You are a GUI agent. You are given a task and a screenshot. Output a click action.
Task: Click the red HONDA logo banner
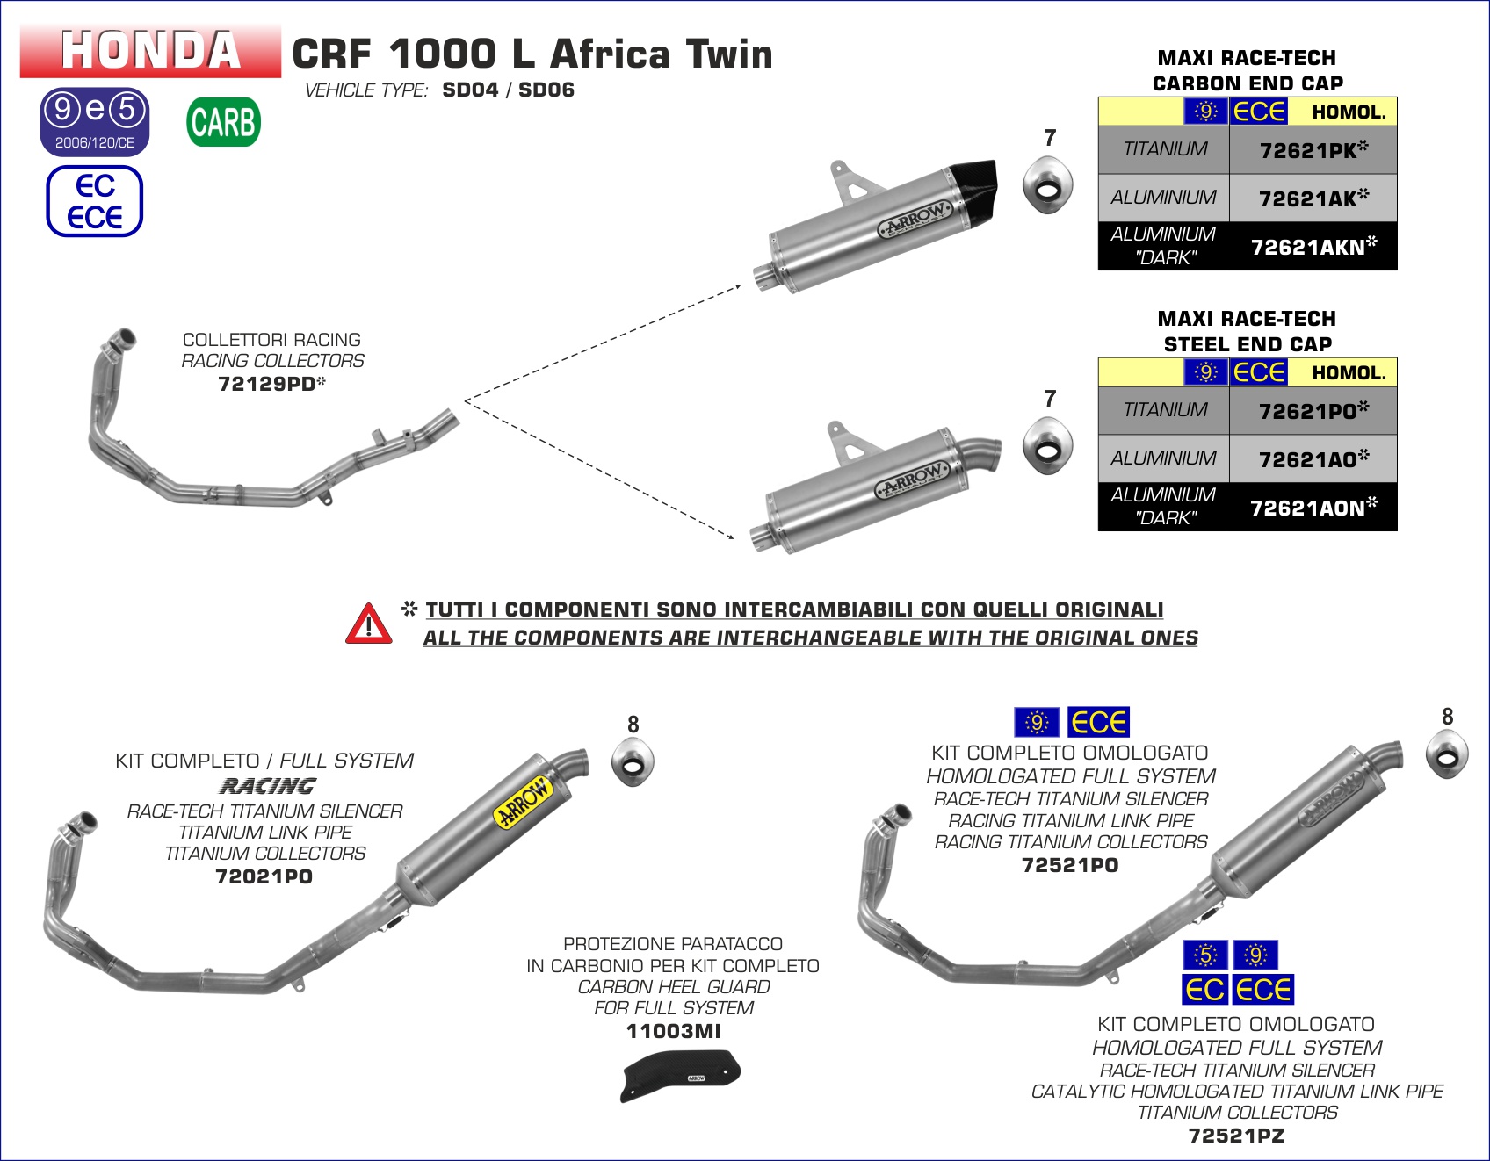tap(150, 51)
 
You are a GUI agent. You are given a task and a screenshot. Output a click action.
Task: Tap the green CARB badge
tap(224, 122)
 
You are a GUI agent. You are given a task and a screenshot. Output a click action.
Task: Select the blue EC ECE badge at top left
tap(95, 201)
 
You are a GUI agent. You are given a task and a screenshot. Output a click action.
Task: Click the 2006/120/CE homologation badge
tap(95, 122)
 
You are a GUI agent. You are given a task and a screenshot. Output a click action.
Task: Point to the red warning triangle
tap(369, 624)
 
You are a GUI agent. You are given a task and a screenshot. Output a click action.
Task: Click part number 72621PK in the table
tap(1313, 150)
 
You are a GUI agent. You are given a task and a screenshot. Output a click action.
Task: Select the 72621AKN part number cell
tap(1313, 247)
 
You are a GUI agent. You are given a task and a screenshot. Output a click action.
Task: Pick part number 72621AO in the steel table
tap(1313, 459)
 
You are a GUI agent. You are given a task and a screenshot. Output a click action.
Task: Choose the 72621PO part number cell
tap(1313, 411)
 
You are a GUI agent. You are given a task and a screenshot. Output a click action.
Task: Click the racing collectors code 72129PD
tap(271, 384)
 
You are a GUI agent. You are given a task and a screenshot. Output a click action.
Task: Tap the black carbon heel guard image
tap(681, 1074)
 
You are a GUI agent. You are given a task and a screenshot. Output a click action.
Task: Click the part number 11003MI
tap(673, 1031)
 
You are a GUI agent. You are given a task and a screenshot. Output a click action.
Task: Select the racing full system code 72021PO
tap(264, 876)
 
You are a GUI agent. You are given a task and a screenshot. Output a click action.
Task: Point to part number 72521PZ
tap(1236, 1136)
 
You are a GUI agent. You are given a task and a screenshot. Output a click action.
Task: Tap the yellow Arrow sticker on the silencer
tap(524, 802)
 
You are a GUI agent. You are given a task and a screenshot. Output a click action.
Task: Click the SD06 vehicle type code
tap(546, 90)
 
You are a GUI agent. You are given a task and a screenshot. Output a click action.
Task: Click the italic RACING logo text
tap(267, 786)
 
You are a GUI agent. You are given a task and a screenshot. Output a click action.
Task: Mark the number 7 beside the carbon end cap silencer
tap(1050, 138)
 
